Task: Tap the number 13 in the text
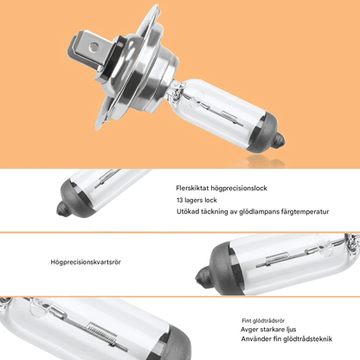point(179,200)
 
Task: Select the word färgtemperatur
point(305,212)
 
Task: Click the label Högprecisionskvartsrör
point(86,262)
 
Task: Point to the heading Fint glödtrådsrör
point(263,321)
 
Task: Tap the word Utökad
point(188,211)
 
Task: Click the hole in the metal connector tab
point(93,46)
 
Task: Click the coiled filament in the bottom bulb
point(102,332)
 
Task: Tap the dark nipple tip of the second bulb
point(61,209)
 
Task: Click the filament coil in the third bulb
point(277,258)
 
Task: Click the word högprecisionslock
point(239,189)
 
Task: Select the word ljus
point(292,330)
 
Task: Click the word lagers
point(194,201)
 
